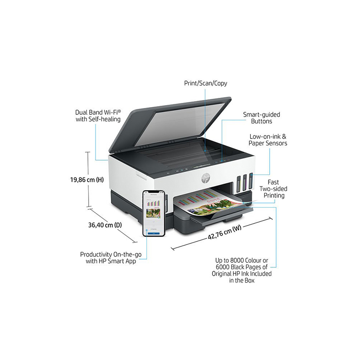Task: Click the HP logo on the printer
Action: pos(204,177)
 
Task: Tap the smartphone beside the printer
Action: pos(153,214)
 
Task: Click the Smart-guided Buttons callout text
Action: pos(261,118)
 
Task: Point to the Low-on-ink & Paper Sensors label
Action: pos(268,140)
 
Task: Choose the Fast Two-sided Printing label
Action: pos(274,189)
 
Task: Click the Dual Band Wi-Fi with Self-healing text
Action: pos(98,115)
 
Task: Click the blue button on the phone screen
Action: pos(153,232)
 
